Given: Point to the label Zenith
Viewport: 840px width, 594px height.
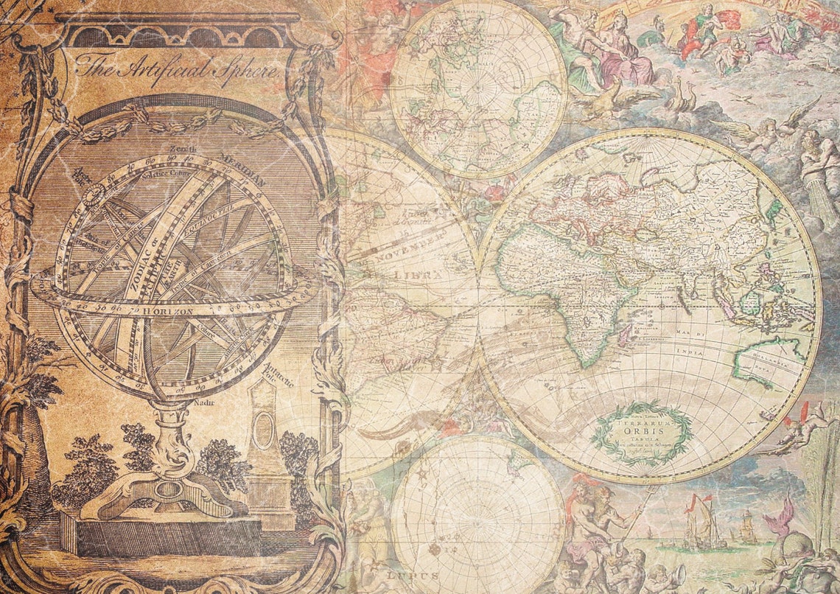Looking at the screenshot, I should pyautogui.click(x=183, y=150).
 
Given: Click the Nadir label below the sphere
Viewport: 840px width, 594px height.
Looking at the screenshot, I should pyautogui.click(x=203, y=403).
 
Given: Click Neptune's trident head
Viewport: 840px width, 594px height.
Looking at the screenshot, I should pyautogui.click(x=652, y=491).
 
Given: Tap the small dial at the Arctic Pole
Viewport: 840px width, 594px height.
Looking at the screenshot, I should pyautogui.click(x=94, y=195).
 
